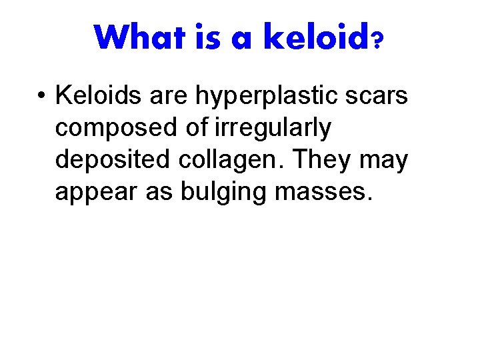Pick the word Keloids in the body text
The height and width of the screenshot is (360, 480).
(x=99, y=96)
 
